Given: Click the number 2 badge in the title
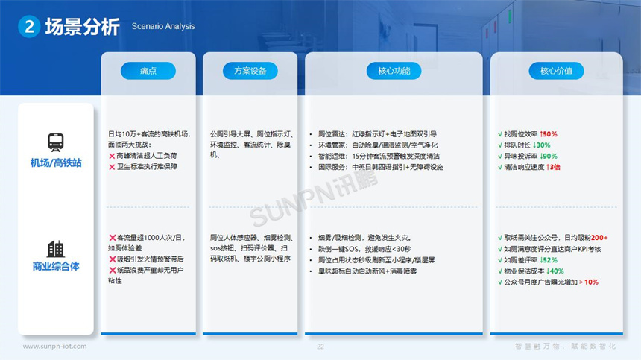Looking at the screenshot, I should coord(28,27).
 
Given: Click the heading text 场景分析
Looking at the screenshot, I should coord(82,27).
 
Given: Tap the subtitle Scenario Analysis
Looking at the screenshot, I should coord(163,27).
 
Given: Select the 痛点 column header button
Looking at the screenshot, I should coord(148,71).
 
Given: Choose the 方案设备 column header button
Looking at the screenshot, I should coord(250,71).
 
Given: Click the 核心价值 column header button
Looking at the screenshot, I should coord(556,71).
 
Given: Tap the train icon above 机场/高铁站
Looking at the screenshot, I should coord(56,142).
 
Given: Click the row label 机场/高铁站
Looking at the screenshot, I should coord(55,162).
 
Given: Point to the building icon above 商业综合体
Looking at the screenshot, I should coord(56,249).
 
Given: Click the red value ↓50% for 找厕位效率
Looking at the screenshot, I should coord(549,135).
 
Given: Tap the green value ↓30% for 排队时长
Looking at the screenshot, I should coord(541,145).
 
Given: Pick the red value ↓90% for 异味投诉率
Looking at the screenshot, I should coord(549,157).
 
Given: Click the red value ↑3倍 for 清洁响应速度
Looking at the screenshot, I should coord(554,167).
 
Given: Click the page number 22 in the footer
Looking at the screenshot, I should coord(320,347).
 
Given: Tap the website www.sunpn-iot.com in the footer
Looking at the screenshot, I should coord(54,347).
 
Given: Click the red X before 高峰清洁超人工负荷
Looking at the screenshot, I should coord(112,156).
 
